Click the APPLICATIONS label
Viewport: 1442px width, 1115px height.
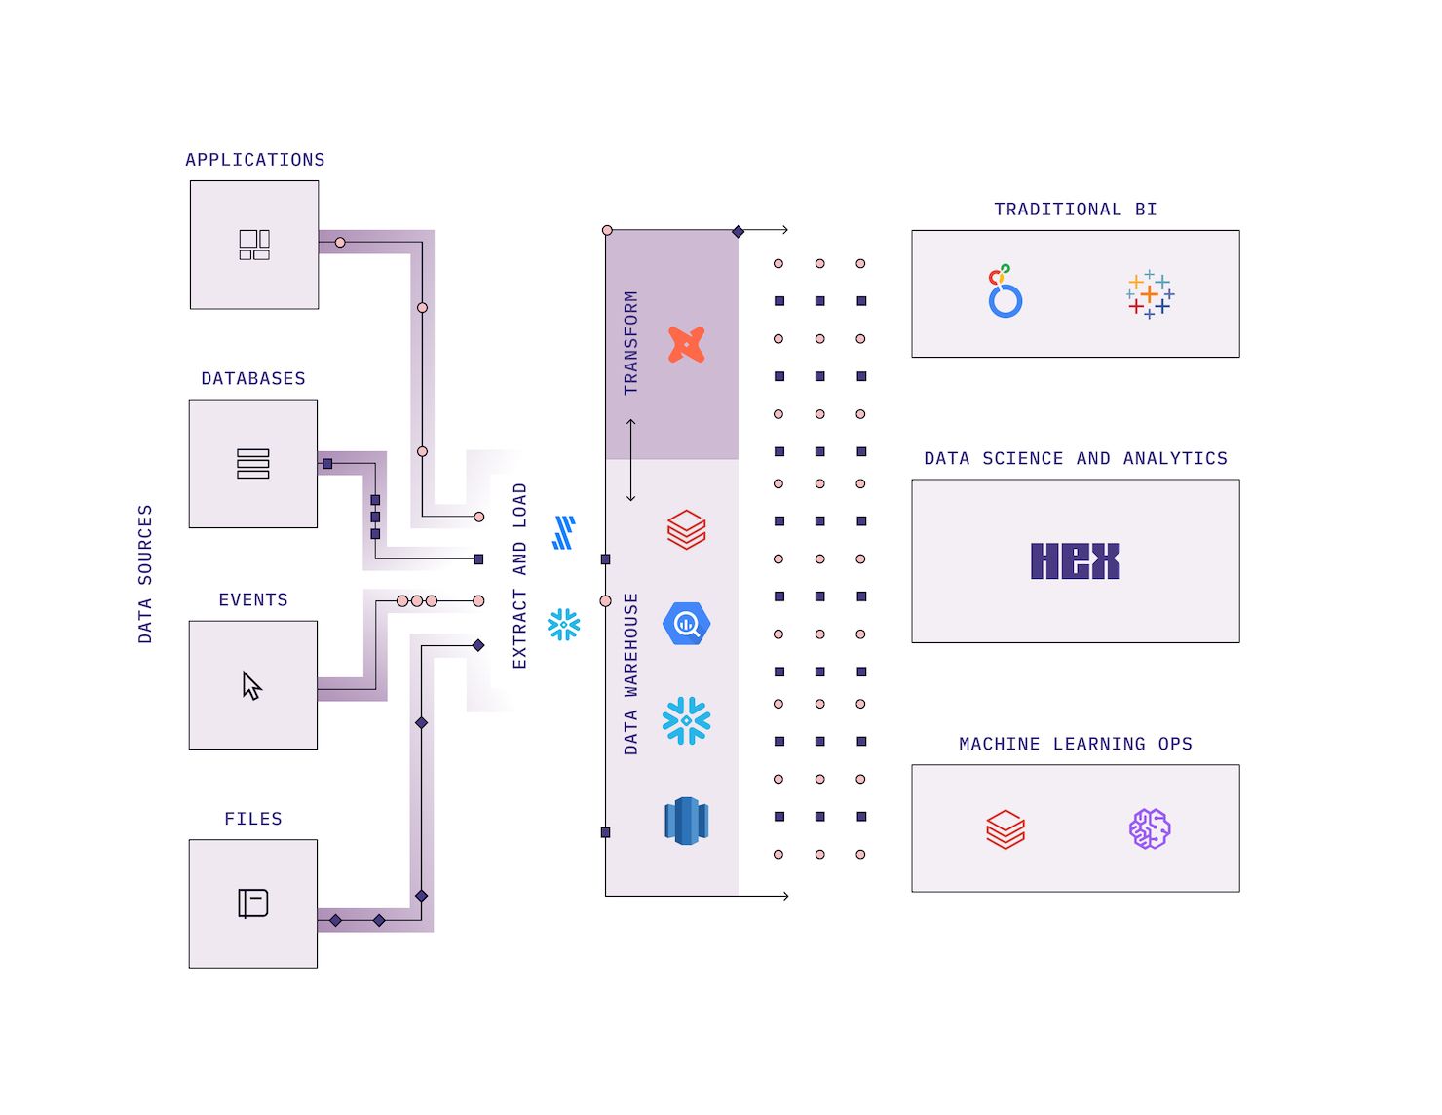point(255,160)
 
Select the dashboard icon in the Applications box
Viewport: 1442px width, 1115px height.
point(254,245)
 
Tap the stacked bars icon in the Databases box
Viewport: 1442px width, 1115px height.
point(253,464)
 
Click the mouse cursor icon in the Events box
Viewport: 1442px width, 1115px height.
point(252,686)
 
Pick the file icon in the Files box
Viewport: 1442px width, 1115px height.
point(253,904)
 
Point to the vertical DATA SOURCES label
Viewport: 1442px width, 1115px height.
point(145,574)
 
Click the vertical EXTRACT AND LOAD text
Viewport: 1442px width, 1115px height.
point(519,576)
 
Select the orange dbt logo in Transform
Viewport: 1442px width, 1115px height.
point(687,345)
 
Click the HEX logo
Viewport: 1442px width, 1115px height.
point(1075,561)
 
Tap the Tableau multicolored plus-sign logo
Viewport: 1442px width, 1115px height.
point(1150,294)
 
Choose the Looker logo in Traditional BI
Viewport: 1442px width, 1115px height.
point(1004,292)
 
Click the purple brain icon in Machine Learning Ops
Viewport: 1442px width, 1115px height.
point(1150,828)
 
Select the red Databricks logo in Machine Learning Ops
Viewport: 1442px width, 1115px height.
point(1006,829)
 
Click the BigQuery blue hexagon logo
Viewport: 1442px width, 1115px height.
point(687,624)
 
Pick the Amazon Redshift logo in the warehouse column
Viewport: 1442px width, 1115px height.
point(687,821)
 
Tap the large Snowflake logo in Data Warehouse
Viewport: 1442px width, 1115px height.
point(687,721)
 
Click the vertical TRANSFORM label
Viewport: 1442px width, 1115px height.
point(631,343)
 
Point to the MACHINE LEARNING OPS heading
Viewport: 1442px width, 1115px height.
point(1076,744)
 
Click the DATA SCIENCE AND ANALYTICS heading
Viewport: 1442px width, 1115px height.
point(1076,458)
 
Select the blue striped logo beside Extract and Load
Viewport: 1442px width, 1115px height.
point(564,533)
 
